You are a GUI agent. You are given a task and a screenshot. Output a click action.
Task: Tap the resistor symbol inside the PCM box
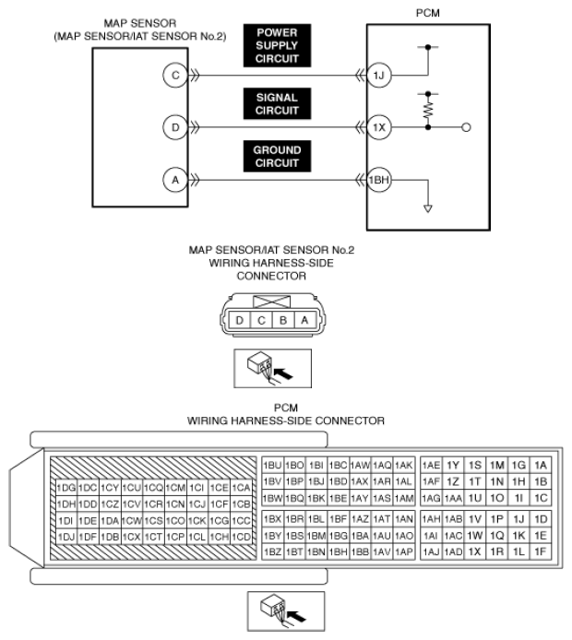point(428,109)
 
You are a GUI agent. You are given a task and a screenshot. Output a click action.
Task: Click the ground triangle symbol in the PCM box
point(428,208)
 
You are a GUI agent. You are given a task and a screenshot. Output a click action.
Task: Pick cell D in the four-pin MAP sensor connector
point(239,319)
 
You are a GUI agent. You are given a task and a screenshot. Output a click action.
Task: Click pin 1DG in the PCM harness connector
point(66,487)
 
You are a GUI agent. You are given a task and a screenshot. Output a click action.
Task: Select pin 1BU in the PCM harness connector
point(272,465)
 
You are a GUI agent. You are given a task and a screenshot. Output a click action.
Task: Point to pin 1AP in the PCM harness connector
point(404,551)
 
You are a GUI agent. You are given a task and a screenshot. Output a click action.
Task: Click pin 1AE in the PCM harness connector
point(430,465)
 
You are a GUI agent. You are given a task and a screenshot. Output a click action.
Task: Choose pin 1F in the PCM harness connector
point(541,551)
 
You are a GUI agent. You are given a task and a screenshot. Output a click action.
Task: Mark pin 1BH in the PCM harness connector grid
point(338,551)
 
